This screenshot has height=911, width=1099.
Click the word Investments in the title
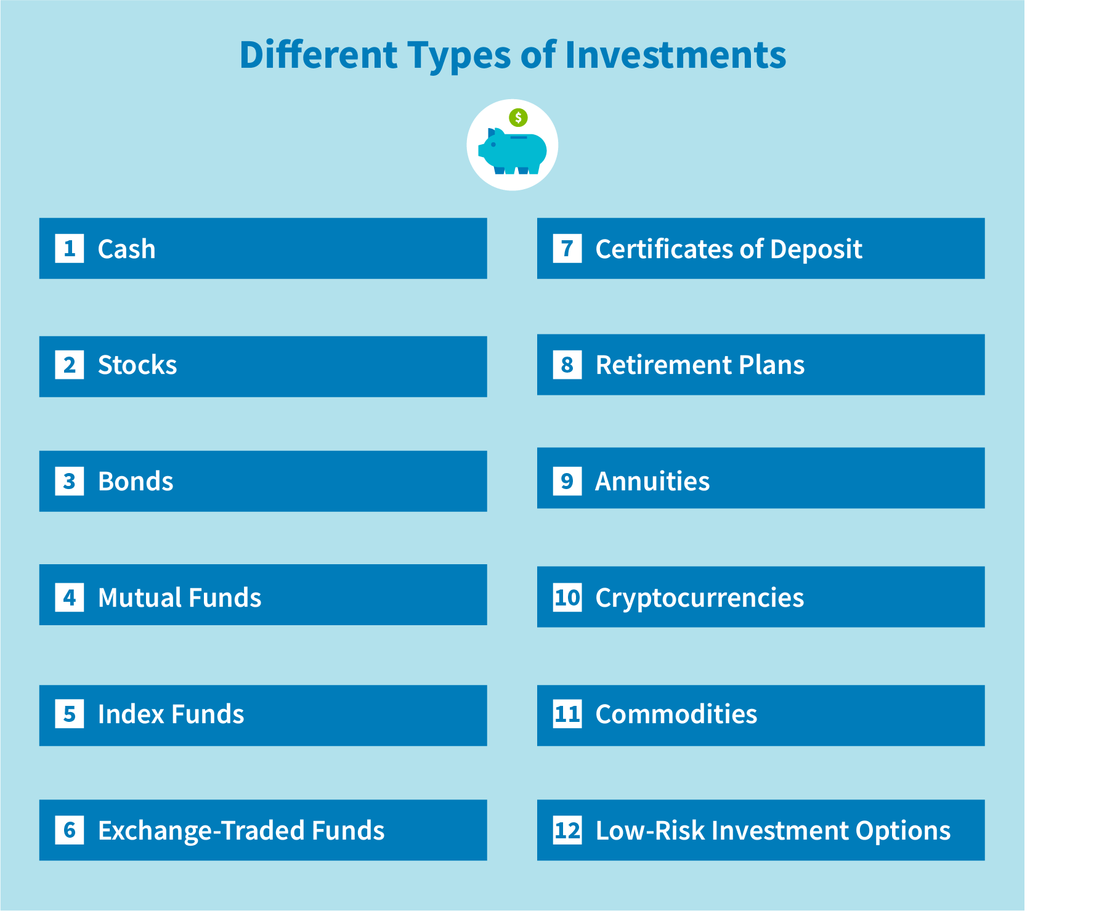pyautogui.click(x=675, y=55)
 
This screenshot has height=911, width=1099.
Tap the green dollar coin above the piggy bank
pyautogui.click(x=518, y=117)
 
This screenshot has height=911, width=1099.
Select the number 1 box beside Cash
pyautogui.click(x=70, y=249)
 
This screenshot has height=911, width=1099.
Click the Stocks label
pyautogui.click(x=137, y=365)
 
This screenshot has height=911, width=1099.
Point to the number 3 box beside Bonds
pyautogui.click(x=70, y=481)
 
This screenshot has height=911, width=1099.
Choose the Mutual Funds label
pyautogui.click(x=179, y=597)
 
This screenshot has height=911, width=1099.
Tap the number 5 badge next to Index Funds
pyautogui.click(x=70, y=714)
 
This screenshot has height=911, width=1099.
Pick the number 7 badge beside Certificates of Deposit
pyautogui.click(x=567, y=249)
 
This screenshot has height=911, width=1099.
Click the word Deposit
pyautogui.click(x=816, y=249)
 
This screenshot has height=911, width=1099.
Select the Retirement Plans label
pyautogui.click(x=700, y=365)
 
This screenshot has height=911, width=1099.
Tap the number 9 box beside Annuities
pyautogui.click(x=567, y=481)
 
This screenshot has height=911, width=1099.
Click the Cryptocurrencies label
pyautogui.click(x=699, y=597)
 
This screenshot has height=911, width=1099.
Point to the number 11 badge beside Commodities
pyautogui.click(x=567, y=714)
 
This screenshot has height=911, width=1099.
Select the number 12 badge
pyautogui.click(x=567, y=830)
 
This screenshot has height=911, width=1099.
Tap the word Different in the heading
pyautogui.click(x=318, y=55)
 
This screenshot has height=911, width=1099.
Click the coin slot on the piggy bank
pyautogui.click(x=519, y=137)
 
